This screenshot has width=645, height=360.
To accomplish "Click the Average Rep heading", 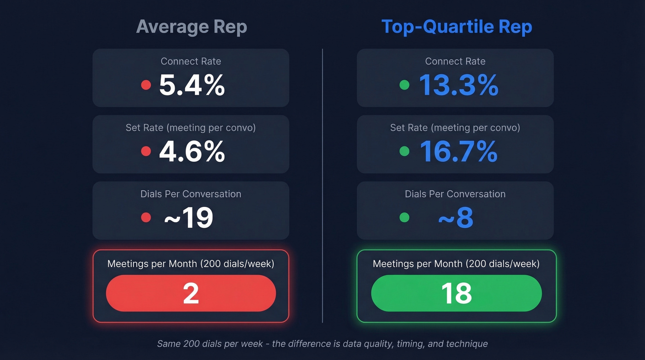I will pyautogui.click(x=192, y=27).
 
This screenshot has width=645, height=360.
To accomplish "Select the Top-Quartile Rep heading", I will pyautogui.click(x=457, y=27).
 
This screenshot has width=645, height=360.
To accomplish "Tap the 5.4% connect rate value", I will pyautogui.click(x=192, y=85).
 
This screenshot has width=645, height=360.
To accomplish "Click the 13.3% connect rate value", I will pyautogui.click(x=458, y=85).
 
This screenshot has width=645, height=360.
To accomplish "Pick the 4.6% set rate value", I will pyautogui.click(x=192, y=152).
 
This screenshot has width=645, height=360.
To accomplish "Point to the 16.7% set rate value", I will pyautogui.click(x=458, y=152).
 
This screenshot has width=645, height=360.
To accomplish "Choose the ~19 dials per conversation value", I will pyautogui.click(x=188, y=218).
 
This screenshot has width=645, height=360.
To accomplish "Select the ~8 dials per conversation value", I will pyautogui.click(x=455, y=218).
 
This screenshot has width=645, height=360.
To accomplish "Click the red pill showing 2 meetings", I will pyautogui.click(x=191, y=293).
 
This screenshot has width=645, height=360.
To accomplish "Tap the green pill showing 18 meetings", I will pyautogui.click(x=456, y=293).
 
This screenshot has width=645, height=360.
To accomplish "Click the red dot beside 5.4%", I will pyautogui.click(x=146, y=85).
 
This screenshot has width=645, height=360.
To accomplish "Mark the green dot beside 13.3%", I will pyautogui.click(x=405, y=85).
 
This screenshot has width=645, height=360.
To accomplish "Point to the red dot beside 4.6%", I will pyautogui.click(x=146, y=151).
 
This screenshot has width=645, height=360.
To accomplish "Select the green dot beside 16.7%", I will pyautogui.click(x=405, y=151).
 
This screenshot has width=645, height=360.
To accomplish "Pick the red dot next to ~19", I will pyautogui.click(x=146, y=218).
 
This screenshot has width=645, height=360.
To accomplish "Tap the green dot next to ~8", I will pyautogui.click(x=405, y=218).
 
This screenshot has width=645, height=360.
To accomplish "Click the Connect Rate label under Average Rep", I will pyautogui.click(x=191, y=61).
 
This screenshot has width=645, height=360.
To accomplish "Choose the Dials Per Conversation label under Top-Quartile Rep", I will pyautogui.click(x=455, y=194).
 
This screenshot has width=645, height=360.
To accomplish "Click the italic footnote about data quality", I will pyautogui.click(x=322, y=344).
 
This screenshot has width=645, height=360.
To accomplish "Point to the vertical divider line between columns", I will pyautogui.click(x=322, y=184).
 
